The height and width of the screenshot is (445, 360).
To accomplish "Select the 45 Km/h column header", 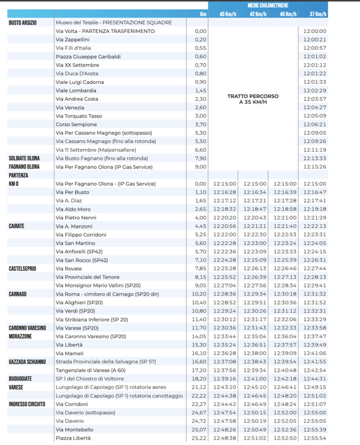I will (227, 13).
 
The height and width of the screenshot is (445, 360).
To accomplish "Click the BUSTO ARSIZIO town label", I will (23, 23).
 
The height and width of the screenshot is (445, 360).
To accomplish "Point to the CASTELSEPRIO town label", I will (23, 268).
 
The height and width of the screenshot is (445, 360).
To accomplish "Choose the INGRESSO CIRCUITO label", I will (27, 404).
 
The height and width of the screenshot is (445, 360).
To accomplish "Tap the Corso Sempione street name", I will (77, 125).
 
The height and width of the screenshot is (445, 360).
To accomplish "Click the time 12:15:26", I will (315, 167).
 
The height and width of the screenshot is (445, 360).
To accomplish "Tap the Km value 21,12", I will (199, 387).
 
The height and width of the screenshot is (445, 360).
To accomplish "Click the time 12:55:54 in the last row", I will (315, 438).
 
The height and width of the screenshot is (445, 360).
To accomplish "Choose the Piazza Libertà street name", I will (73, 438).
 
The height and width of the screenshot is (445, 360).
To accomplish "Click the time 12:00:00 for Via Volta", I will (315, 31).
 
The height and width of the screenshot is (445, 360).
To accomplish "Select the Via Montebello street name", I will (74, 429).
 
